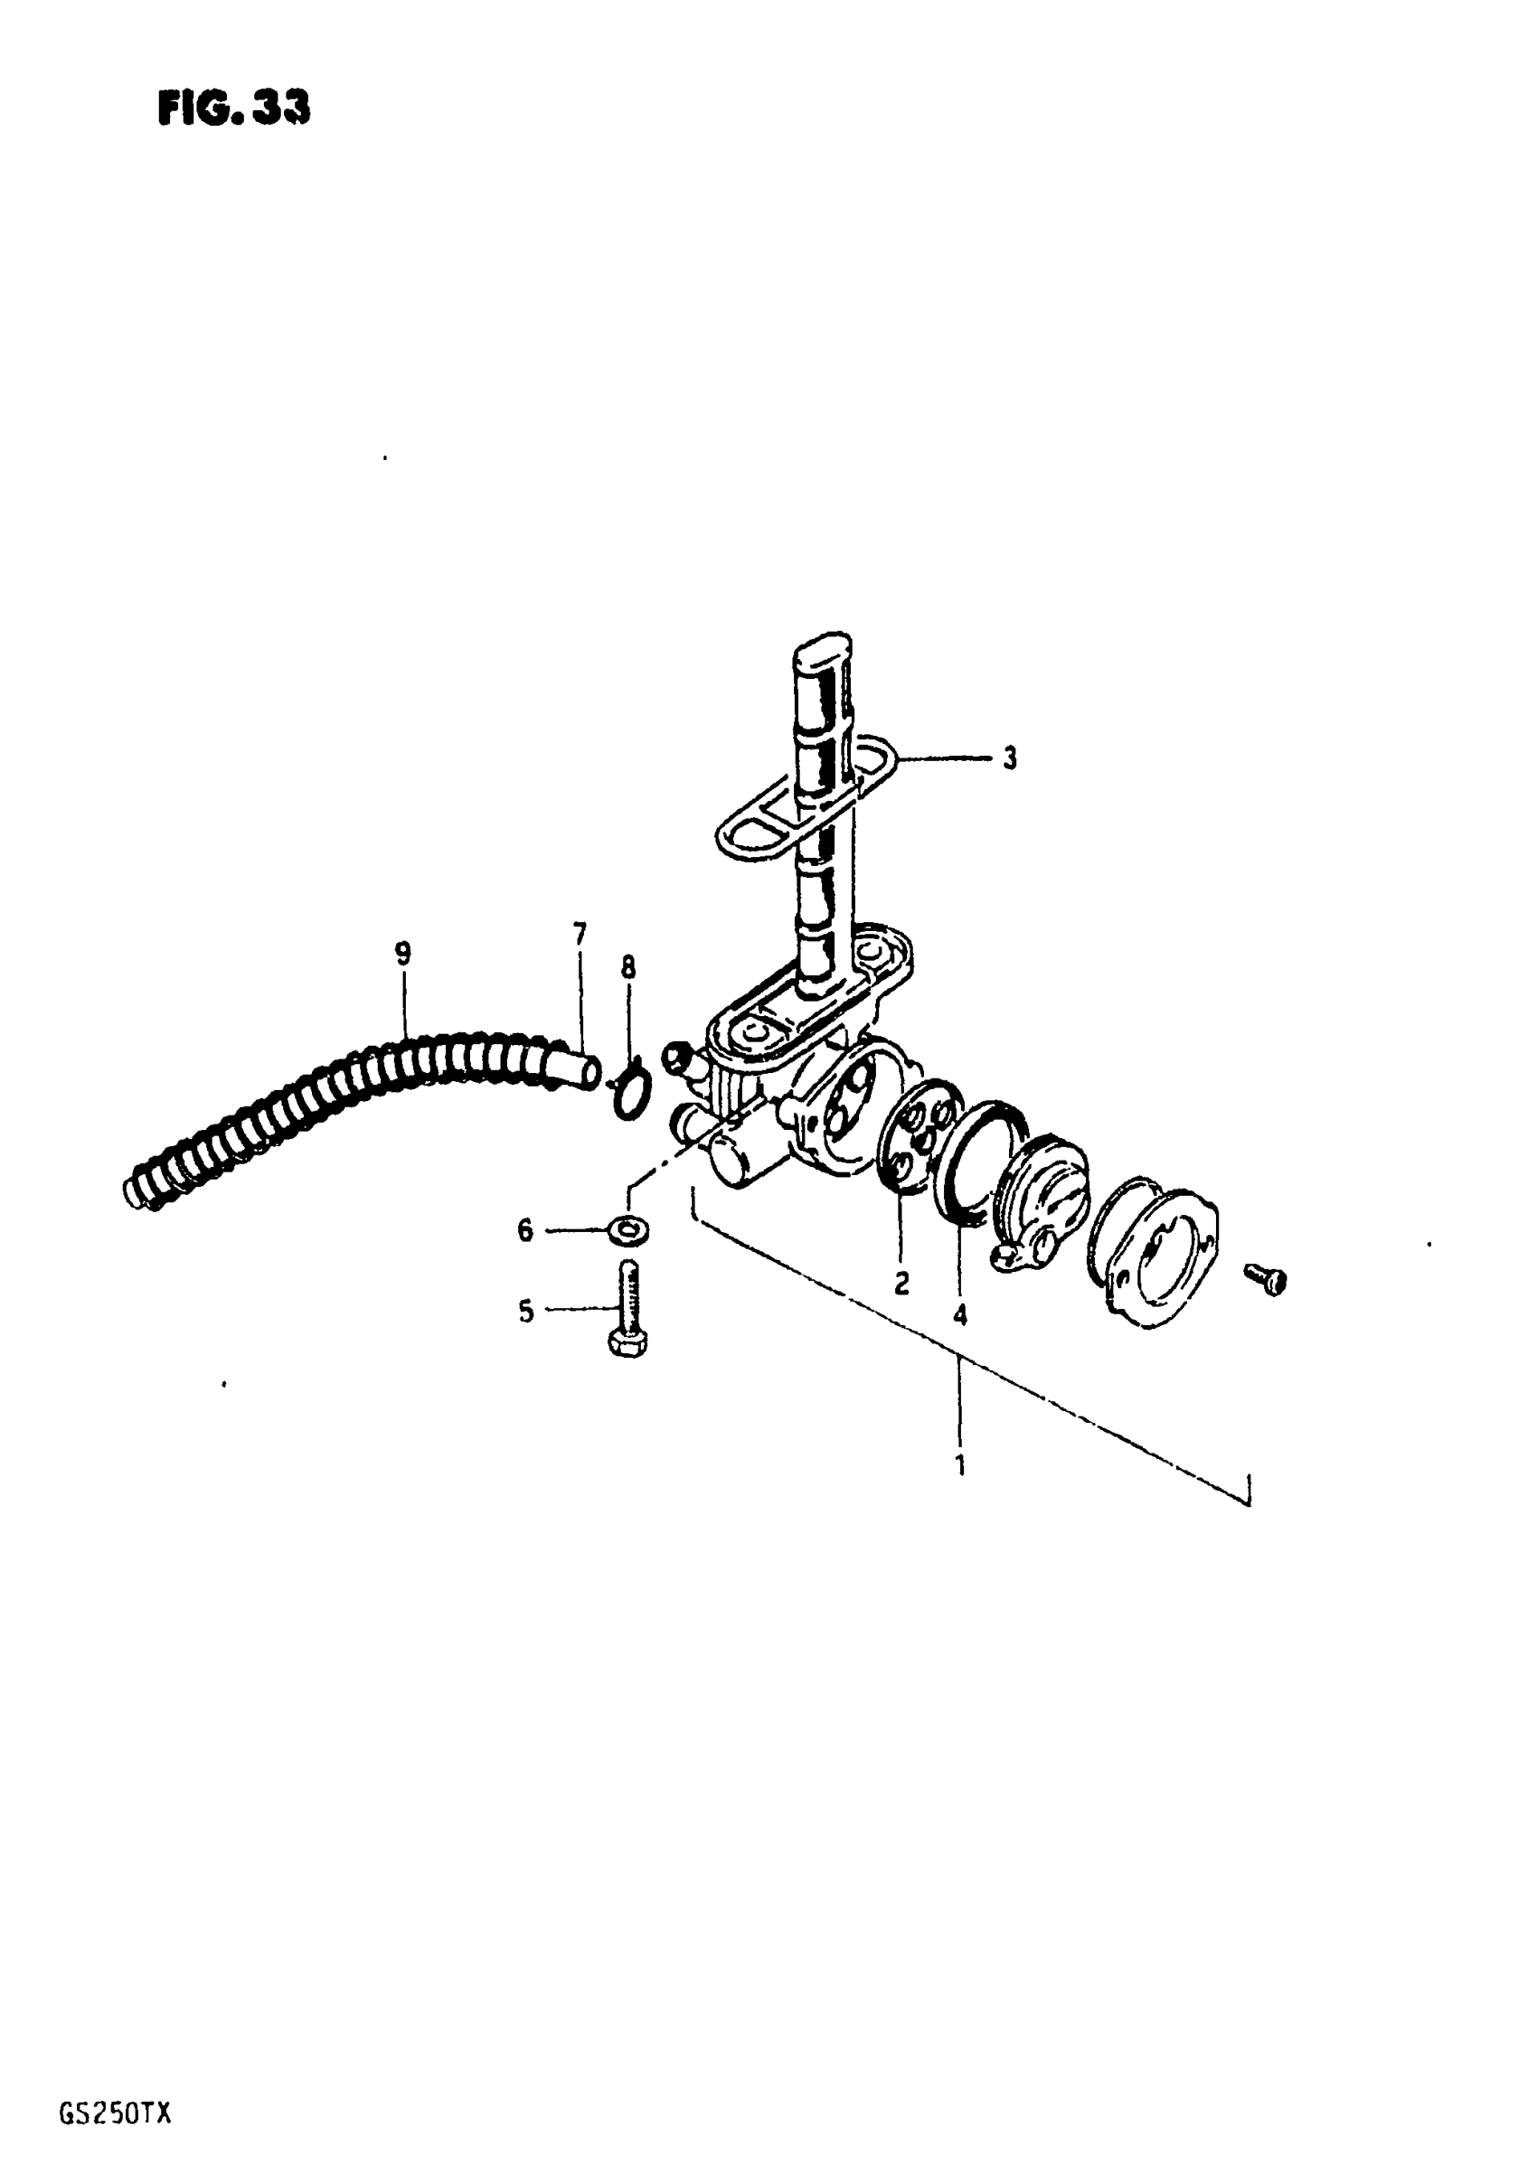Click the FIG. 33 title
[233, 110]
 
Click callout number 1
[959, 1465]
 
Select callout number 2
[901, 1284]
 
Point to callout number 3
[1009, 758]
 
